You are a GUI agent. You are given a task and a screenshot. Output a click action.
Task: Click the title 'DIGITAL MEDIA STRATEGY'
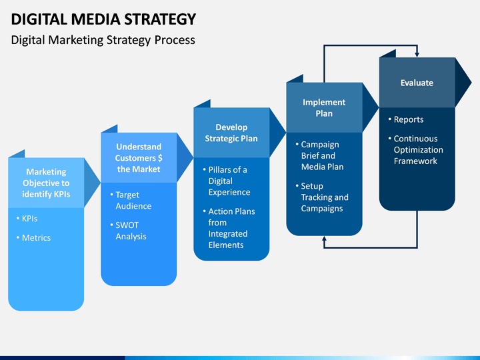(x=103, y=19)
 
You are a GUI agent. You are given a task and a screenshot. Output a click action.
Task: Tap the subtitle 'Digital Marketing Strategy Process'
(x=103, y=40)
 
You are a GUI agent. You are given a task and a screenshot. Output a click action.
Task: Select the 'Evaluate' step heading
(x=417, y=83)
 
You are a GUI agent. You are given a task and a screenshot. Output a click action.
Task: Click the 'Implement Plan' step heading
(x=324, y=108)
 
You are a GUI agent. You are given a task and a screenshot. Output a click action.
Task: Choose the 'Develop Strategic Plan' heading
(x=231, y=133)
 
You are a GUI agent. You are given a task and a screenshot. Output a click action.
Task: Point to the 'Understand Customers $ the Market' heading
(x=139, y=158)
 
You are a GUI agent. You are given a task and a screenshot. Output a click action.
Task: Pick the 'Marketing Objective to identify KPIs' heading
(x=46, y=183)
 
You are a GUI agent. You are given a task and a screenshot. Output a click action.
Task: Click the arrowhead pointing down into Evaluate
(x=417, y=55)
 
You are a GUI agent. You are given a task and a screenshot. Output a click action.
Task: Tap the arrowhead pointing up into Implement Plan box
(x=324, y=239)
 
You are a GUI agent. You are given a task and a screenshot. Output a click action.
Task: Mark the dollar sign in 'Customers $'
(x=160, y=158)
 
